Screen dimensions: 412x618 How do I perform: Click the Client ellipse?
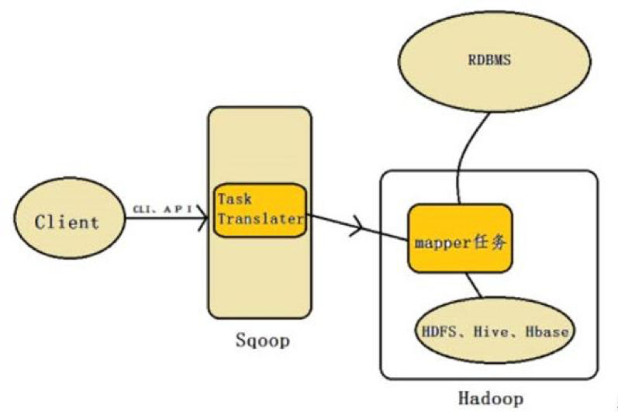[67, 220]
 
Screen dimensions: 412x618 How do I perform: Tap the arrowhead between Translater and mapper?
[357, 227]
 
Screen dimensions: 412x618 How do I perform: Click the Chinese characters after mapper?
[493, 241]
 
